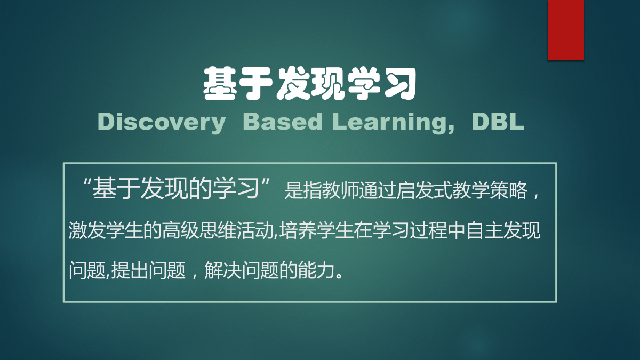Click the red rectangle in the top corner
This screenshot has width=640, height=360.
[x=566, y=30]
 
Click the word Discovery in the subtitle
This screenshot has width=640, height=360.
[x=162, y=123]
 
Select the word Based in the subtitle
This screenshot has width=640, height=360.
[x=282, y=122]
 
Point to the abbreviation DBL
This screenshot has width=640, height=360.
[x=498, y=122]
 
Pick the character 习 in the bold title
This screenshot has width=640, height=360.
[x=399, y=83]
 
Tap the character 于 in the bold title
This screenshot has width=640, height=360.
[x=255, y=83]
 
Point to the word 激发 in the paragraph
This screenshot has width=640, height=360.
[x=87, y=230]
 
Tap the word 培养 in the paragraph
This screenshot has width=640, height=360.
[x=298, y=230]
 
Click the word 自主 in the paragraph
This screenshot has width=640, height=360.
[x=485, y=230]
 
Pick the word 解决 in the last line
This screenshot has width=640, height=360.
[x=223, y=270]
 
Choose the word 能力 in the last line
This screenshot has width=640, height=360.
[x=316, y=270]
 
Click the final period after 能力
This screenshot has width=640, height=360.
[x=339, y=276]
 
